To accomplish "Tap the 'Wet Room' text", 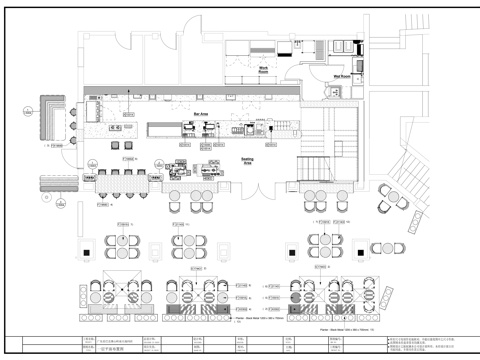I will [341, 76].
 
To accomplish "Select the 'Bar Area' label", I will [201, 115].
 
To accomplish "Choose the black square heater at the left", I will [87, 248].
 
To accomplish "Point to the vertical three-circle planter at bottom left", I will [81, 297].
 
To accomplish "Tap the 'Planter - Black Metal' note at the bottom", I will [345, 326].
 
